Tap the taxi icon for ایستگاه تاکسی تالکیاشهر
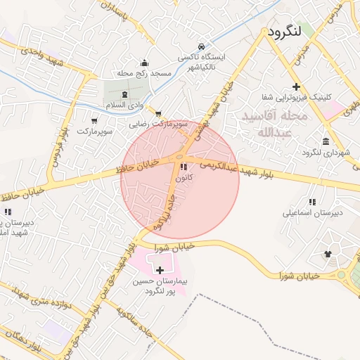(x=202, y=44)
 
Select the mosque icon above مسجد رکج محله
(x=145, y=62)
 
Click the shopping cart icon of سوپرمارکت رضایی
(x=158, y=113)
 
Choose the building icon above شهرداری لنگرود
(x=326, y=141)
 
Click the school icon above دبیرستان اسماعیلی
(x=312, y=202)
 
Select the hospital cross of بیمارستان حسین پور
(x=160, y=270)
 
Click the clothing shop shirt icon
(x=328, y=254)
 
